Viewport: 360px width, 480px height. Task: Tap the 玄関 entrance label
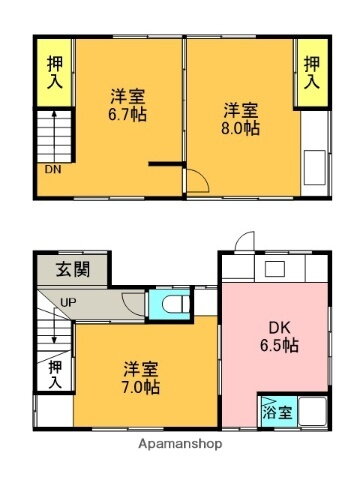(71, 268)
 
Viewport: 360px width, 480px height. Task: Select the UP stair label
(69, 302)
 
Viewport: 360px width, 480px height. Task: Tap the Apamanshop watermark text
(180, 443)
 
